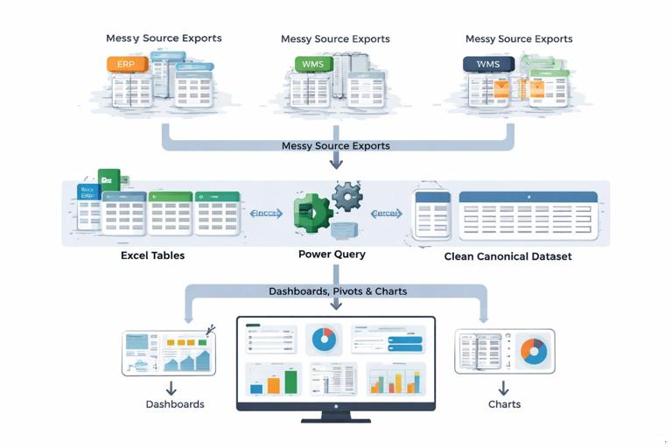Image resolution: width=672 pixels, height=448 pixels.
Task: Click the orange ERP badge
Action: [126, 64]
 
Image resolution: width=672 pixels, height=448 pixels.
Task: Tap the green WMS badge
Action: [313, 64]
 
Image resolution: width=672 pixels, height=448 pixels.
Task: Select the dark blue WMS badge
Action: [487, 64]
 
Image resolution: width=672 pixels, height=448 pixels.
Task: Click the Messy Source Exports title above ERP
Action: [164, 38]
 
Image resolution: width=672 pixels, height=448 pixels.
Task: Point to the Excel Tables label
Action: [152, 255]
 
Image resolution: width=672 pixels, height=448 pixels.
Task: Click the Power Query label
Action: [332, 255]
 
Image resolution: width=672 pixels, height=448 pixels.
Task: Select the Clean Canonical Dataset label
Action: [507, 256]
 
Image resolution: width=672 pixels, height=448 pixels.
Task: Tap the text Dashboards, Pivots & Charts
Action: [337, 291]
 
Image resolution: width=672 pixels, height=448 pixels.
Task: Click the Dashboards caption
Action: [175, 404]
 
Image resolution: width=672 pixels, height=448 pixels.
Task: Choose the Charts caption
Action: [504, 404]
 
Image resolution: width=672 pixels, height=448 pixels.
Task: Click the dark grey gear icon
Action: [347, 197]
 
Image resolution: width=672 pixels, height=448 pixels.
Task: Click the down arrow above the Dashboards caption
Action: [171, 387]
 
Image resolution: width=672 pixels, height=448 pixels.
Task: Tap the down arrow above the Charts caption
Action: [504, 387]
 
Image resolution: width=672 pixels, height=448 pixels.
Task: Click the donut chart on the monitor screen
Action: [324, 339]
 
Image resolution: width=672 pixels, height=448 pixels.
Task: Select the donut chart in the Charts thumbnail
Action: [533, 351]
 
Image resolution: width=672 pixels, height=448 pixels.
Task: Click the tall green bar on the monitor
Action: [290, 381]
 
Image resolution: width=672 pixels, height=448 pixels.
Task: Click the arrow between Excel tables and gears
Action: [266, 213]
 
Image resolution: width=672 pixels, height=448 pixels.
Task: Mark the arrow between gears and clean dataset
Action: [386, 213]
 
